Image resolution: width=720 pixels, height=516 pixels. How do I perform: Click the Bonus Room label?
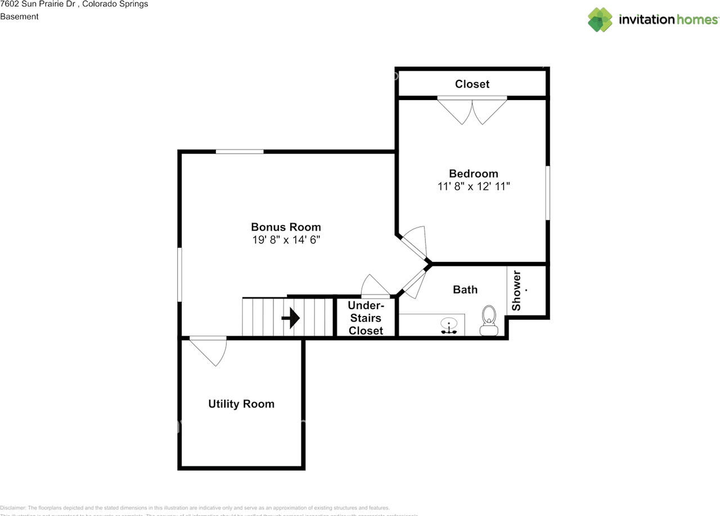286,227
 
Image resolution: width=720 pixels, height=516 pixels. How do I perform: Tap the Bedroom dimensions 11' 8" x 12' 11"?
474,187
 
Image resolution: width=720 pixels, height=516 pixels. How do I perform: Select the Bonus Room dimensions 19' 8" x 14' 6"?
286,240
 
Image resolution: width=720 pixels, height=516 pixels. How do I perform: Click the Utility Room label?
241,404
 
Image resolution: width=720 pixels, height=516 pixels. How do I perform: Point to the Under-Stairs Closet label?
366,318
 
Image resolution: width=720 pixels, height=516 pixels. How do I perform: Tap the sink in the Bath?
449,325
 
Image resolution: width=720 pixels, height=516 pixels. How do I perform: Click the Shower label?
516,291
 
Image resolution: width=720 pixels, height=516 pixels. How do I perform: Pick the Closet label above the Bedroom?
472,84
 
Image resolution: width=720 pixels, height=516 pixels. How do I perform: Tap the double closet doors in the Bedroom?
472,111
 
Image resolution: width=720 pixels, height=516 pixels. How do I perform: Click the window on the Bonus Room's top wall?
240,151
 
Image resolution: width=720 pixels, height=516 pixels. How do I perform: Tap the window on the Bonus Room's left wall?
180,274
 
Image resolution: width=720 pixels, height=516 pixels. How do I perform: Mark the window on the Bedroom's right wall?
547,192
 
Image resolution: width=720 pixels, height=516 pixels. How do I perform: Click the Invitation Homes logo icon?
600,20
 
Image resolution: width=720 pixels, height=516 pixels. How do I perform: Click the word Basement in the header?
19,16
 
